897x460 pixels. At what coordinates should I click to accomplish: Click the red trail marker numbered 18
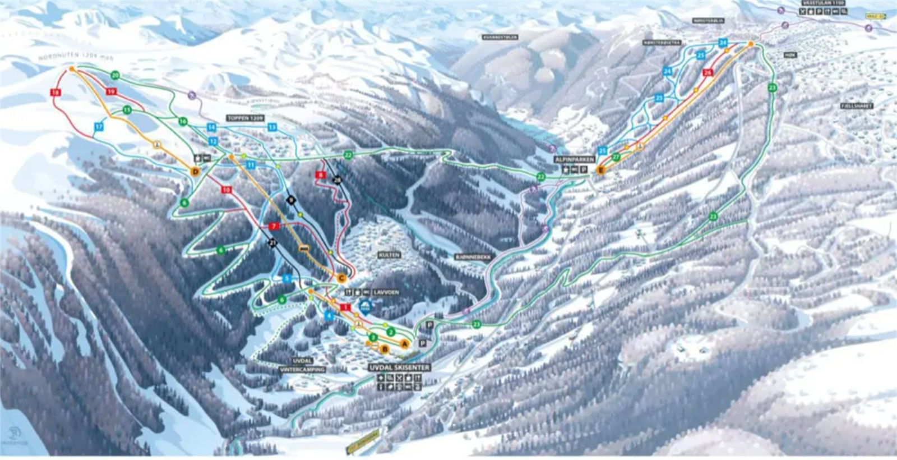(x=55, y=92)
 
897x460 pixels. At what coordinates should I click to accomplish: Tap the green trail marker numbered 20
(x=115, y=75)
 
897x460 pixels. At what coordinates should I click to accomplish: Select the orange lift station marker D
(x=195, y=171)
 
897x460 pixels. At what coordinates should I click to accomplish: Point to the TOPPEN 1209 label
(x=245, y=118)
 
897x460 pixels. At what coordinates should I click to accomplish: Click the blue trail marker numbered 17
(x=99, y=127)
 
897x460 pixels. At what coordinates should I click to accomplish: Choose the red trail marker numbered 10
(x=226, y=190)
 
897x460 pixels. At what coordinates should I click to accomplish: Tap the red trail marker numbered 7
(x=274, y=226)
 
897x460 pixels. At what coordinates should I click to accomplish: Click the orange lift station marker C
(x=341, y=278)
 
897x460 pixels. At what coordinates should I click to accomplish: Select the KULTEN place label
(x=389, y=255)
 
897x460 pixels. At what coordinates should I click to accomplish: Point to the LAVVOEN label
(x=386, y=292)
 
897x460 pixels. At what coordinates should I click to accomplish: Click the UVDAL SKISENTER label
(x=399, y=367)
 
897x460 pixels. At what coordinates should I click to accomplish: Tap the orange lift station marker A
(x=405, y=344)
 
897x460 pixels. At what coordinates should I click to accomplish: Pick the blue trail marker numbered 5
(x=287, y=278)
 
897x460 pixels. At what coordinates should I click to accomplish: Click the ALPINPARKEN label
(x=574, y=160)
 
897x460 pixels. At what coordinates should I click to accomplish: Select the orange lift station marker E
(x=601, y=170)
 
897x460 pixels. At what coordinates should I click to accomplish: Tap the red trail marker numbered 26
(x=708, y=72)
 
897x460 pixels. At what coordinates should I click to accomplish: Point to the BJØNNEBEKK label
(x=473, y=257)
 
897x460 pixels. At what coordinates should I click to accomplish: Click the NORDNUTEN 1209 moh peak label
(x=76, y=57)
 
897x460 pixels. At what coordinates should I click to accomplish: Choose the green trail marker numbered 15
(x=127, y=110)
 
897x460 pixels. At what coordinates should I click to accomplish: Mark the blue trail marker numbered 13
(x=272, y=127)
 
